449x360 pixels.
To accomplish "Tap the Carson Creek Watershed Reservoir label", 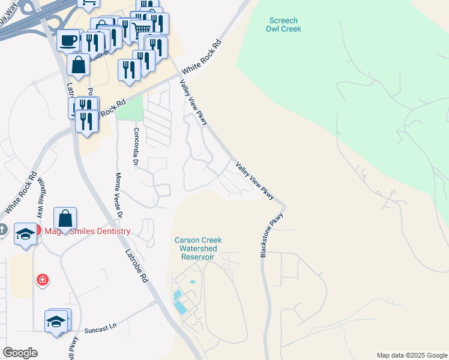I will pos(194,248).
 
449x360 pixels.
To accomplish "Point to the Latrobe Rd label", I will pos(136,264).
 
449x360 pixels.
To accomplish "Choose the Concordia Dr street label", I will pos(136,148).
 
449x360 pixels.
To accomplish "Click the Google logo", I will pos(20,353).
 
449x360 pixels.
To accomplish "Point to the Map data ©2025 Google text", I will pos(412,355).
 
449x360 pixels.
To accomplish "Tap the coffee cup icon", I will pos(68,40).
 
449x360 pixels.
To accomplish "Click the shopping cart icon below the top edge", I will pos(142,27).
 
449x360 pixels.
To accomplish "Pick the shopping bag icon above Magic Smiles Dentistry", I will pos(65,217).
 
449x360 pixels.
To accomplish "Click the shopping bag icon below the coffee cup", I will pos(79,63).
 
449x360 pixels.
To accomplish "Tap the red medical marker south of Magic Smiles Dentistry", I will pos(43,280).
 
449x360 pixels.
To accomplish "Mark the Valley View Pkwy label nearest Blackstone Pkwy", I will pos(255,181).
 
